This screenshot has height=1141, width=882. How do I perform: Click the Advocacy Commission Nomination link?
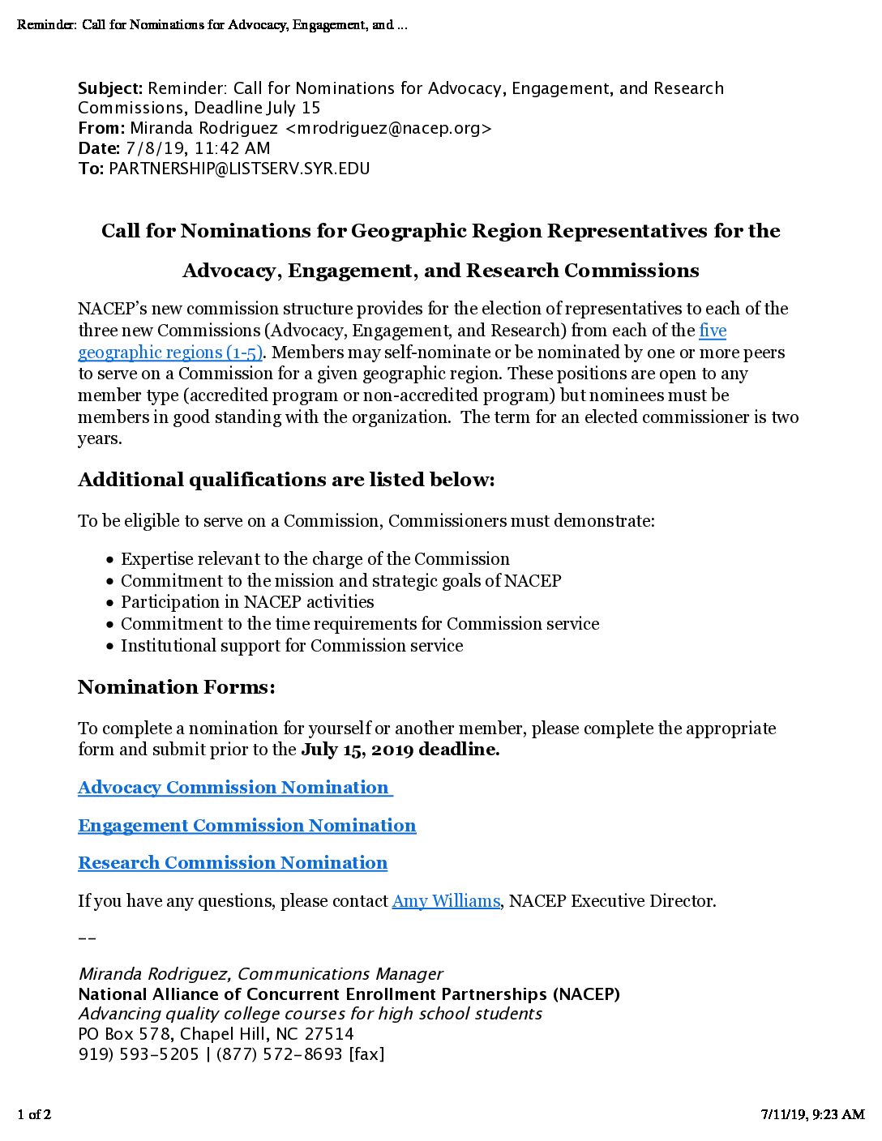click(233, 788)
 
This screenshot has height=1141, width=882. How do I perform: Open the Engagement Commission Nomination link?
click(246, 826)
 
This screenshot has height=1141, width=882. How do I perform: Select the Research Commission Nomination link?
click(233, 863)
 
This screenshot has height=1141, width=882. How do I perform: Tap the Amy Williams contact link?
click(446, 901)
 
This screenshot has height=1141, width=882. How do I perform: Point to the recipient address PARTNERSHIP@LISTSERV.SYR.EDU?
click(239, 169)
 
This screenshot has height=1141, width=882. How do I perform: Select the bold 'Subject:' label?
click(110, 88)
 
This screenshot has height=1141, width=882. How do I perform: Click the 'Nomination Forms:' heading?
click(177, 687)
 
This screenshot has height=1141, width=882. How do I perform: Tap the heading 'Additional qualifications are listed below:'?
click(286, 480)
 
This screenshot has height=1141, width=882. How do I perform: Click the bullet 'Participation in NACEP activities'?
click(247, 602)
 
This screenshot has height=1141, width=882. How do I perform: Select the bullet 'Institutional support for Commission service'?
click(292, 646)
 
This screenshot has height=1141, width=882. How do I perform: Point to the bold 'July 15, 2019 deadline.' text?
click(400, 750)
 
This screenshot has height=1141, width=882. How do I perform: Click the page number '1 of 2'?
click(34, 1114)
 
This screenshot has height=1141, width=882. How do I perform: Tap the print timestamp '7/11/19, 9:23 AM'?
click(812, 1114)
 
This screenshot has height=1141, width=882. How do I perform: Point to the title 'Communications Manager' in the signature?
click(340, 974)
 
